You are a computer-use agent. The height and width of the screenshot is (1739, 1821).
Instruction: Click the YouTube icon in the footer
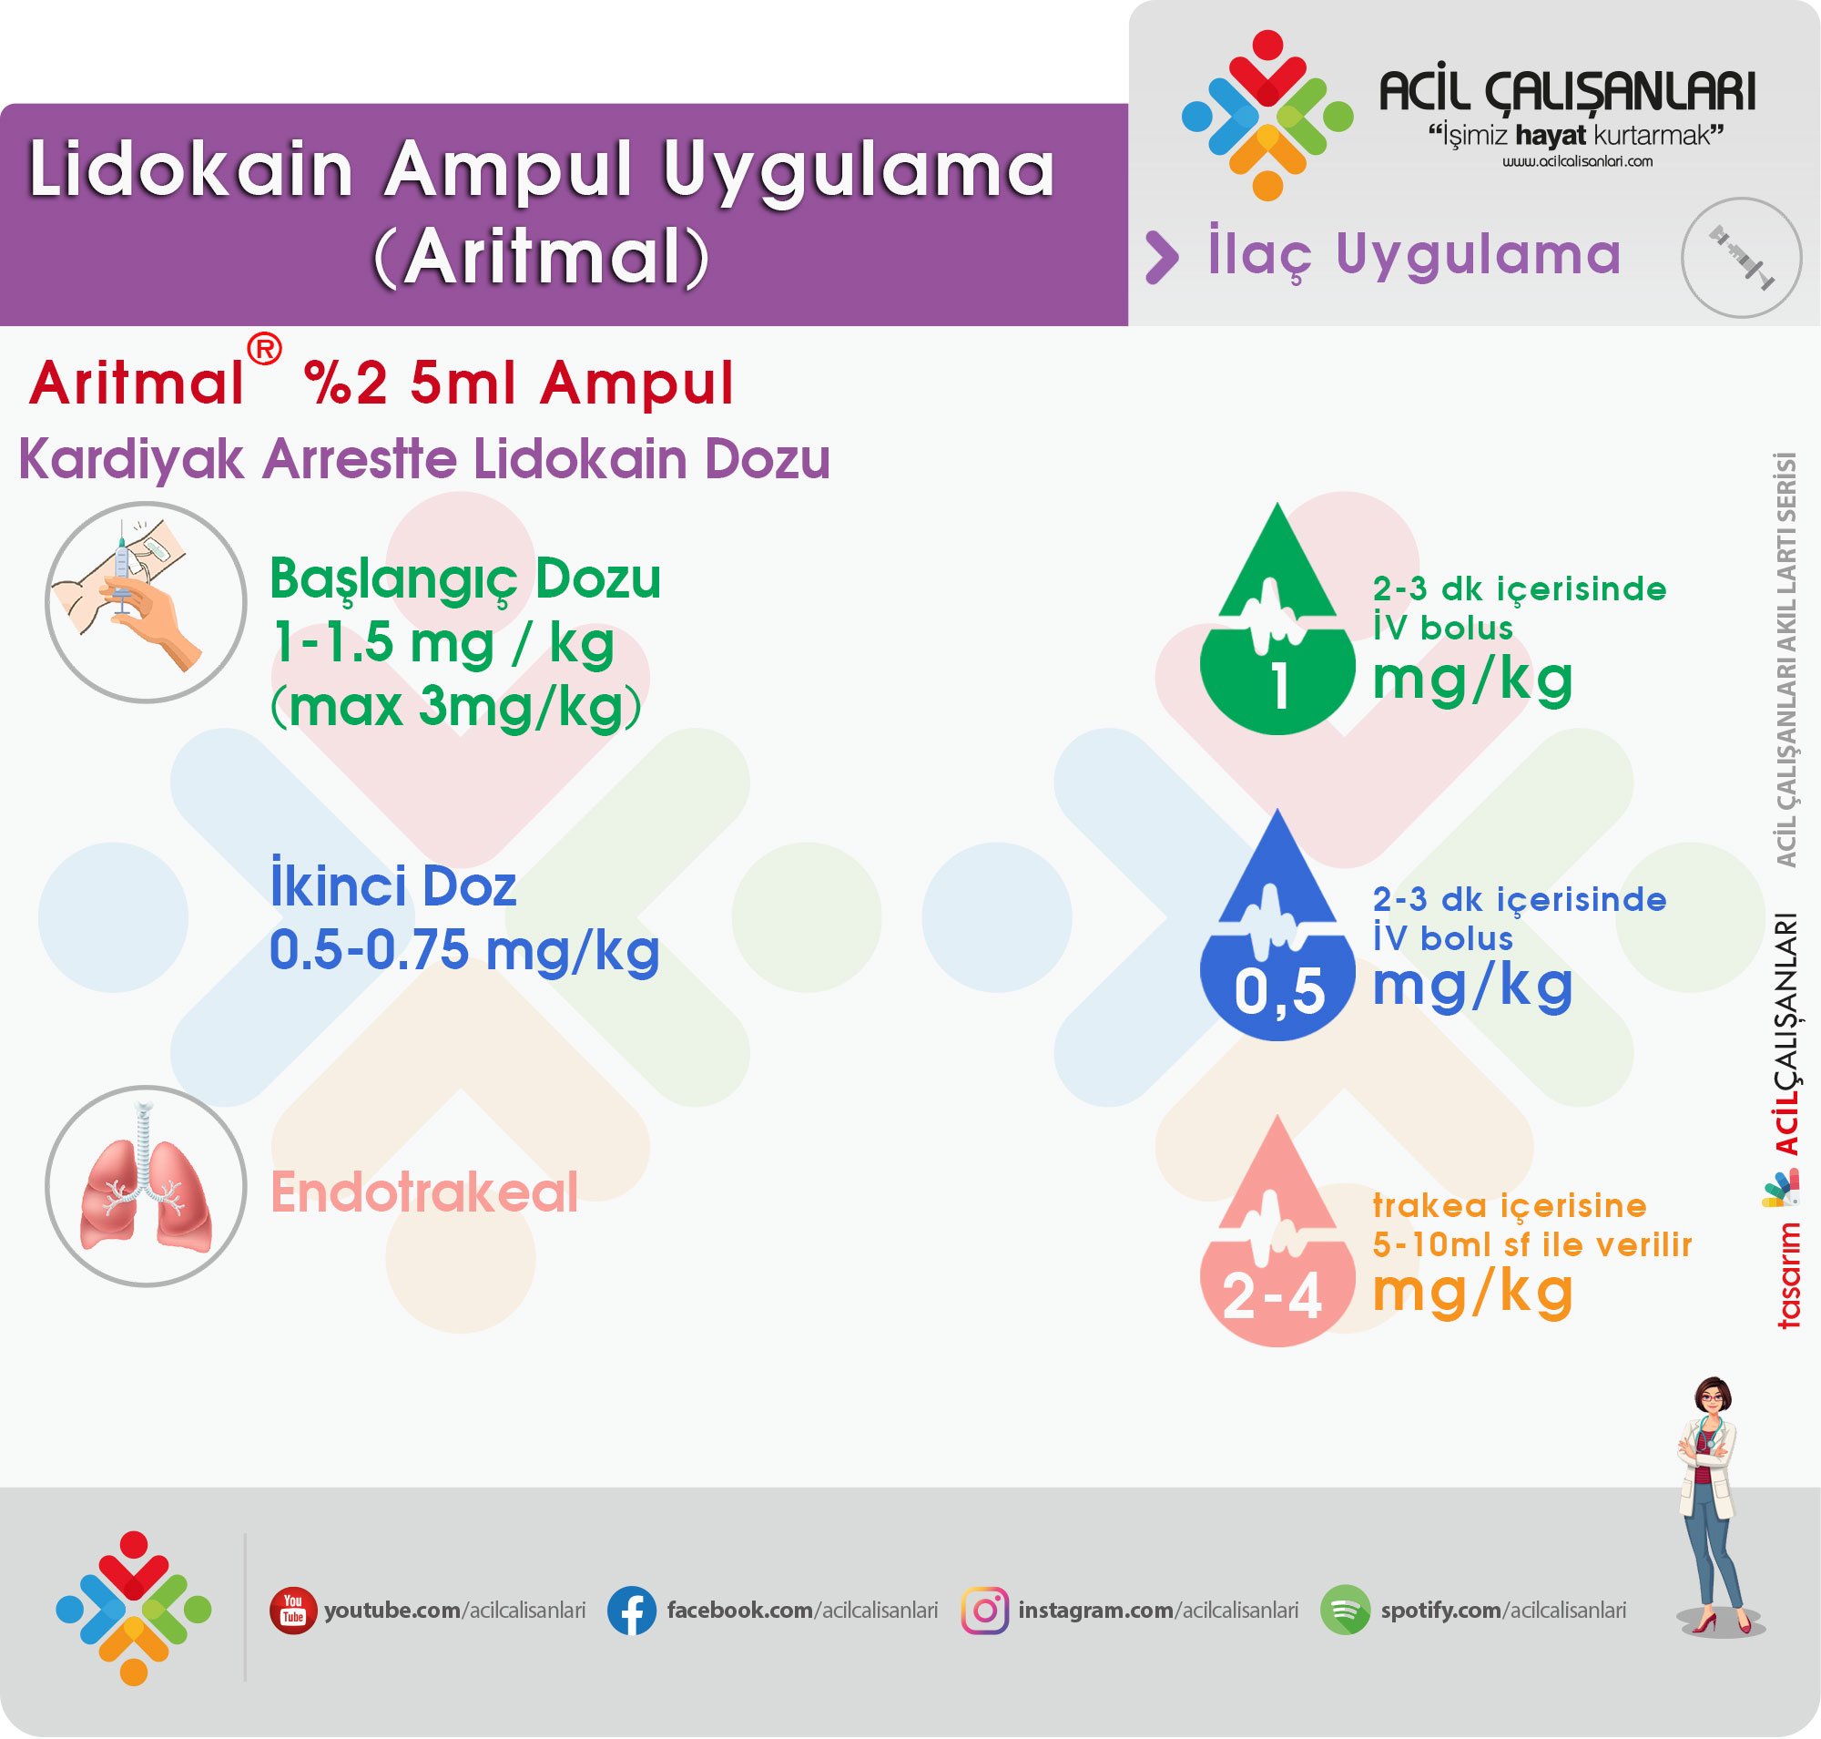pos(293,1611)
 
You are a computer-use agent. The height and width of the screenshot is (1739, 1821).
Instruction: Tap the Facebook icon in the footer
pos(632,1611)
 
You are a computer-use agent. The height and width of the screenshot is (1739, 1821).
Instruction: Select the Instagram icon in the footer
pos(984,1611)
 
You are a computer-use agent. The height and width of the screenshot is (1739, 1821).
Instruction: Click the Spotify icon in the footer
pos(1345,1611)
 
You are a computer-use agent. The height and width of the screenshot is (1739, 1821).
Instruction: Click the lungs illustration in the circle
pos(146,1187)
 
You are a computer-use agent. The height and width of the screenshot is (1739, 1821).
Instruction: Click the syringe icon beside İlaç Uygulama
pos(1741,258)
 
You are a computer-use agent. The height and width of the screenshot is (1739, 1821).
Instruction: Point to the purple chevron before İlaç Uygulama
pos(1162,257)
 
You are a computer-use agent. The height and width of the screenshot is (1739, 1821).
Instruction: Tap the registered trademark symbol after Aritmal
pos(265,349)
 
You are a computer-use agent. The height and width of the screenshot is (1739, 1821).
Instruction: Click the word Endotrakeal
pos(424,1192)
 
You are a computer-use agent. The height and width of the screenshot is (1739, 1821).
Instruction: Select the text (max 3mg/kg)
pos(456,706)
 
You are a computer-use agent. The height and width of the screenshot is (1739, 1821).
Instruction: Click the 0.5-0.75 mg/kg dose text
pos(464,951)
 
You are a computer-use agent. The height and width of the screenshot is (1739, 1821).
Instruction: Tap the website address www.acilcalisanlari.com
pos(1577,161)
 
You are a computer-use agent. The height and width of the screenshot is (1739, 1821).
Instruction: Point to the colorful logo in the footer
pos(134,1609)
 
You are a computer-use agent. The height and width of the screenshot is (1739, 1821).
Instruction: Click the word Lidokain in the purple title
pos(192,169)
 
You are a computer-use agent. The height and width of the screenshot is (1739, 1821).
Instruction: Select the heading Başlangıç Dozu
pos(465,579)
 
